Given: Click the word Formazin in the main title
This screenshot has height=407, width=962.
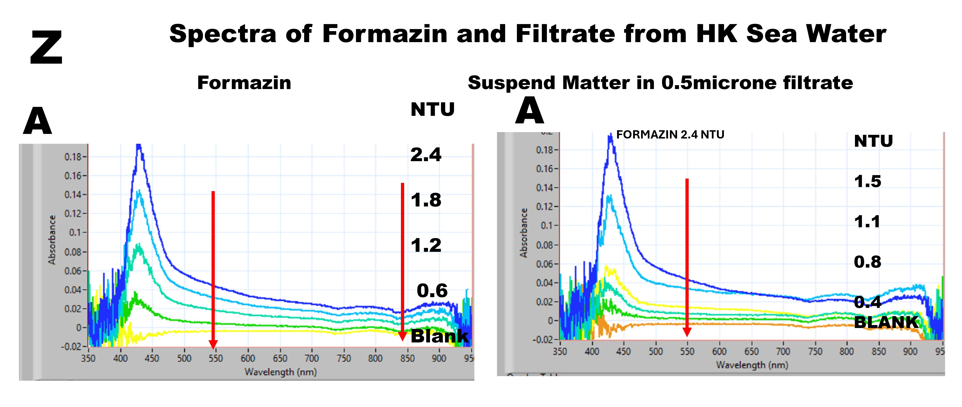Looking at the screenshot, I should coord(385,34).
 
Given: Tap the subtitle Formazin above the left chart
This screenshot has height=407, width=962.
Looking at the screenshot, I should coord(244,83).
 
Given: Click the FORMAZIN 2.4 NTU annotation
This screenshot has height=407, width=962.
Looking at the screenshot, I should coord(670,135).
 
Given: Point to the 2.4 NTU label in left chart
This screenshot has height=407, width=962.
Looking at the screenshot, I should coord(426,155).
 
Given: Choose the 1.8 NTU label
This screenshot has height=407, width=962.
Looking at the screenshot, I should coord(426,200).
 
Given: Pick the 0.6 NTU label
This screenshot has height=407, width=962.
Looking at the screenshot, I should coord(432,291).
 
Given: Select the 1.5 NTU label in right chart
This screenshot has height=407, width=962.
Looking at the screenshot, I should coord(868,181).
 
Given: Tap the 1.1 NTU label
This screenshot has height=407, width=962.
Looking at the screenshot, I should coord(867,222).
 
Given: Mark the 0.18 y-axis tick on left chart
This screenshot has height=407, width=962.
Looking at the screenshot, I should coord(73,157).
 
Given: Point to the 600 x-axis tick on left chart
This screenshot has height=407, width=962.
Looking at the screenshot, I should coord(248,358).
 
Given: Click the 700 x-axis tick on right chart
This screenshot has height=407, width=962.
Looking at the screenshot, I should coord(783,351).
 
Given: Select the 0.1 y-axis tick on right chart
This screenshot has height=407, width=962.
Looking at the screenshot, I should coord(547,226).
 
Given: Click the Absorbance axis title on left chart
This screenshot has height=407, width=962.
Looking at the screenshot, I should coord(52,240).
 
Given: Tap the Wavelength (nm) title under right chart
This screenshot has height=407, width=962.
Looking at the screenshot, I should coord(752,365).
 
